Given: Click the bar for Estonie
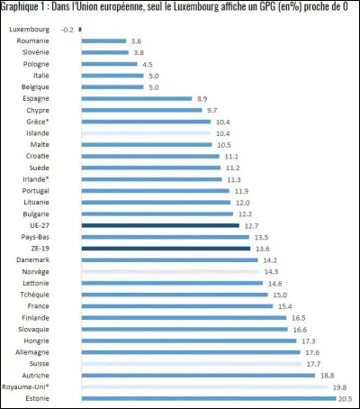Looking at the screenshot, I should point(208,397).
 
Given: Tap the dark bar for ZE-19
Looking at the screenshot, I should point(166,248).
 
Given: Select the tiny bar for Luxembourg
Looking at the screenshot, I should point(80,30).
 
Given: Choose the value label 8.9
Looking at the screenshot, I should point(202,98).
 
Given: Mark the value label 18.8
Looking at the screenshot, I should point(328,375).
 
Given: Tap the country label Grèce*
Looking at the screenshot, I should point(49,122).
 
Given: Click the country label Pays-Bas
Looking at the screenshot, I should point(47,237).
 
